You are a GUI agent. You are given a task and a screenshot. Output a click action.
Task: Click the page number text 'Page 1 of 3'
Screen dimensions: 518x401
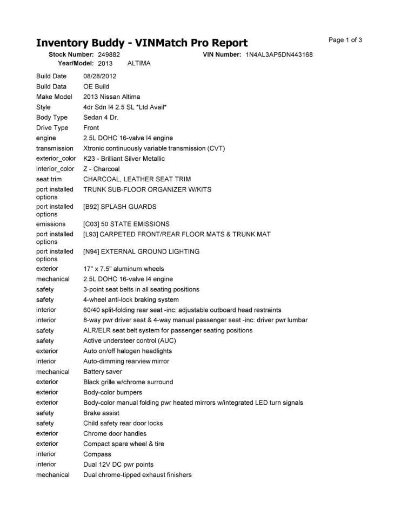(345, 40)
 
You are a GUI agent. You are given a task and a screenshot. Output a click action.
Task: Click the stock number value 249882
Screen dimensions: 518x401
(109, 54)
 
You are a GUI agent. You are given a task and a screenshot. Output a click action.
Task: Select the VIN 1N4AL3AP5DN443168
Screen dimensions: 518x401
(279, 54)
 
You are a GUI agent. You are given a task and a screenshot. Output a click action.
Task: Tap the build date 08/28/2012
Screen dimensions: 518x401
(99, 76)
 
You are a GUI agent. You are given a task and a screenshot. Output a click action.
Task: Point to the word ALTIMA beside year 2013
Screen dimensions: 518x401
(139, 63)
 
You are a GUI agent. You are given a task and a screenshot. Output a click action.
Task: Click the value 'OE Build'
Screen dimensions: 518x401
(96, 86)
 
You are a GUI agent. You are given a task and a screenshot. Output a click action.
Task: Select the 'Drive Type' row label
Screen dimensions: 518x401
(52, 128)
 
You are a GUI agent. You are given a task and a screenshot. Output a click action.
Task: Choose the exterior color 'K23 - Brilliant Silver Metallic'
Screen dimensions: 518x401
(124, 159)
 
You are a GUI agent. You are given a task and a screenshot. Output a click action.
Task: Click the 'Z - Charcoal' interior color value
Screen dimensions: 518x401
(101, 169)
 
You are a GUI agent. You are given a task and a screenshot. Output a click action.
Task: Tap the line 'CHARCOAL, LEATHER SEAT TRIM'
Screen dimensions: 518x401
(137, 179)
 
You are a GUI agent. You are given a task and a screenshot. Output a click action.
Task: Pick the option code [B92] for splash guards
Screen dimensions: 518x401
(91, 207)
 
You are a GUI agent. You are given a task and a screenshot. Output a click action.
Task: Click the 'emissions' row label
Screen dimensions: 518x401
(50, 224)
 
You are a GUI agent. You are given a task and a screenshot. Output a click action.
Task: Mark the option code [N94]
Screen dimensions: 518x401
(91, 251)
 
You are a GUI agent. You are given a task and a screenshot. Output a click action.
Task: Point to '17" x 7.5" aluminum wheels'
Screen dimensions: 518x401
(123, 269)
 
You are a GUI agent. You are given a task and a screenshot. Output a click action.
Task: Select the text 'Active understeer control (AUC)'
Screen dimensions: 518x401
(129, 341)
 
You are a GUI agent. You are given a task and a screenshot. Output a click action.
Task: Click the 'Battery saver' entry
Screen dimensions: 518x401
(102, 372)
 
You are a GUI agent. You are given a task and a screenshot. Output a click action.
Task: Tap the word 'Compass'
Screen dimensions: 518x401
(97, 454)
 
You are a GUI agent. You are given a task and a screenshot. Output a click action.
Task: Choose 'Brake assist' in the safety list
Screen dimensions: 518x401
(101, 413)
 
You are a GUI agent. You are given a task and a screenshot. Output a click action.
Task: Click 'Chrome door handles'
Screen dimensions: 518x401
(115, 434)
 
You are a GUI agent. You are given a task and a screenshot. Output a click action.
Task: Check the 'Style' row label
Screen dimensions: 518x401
(43, 107)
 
